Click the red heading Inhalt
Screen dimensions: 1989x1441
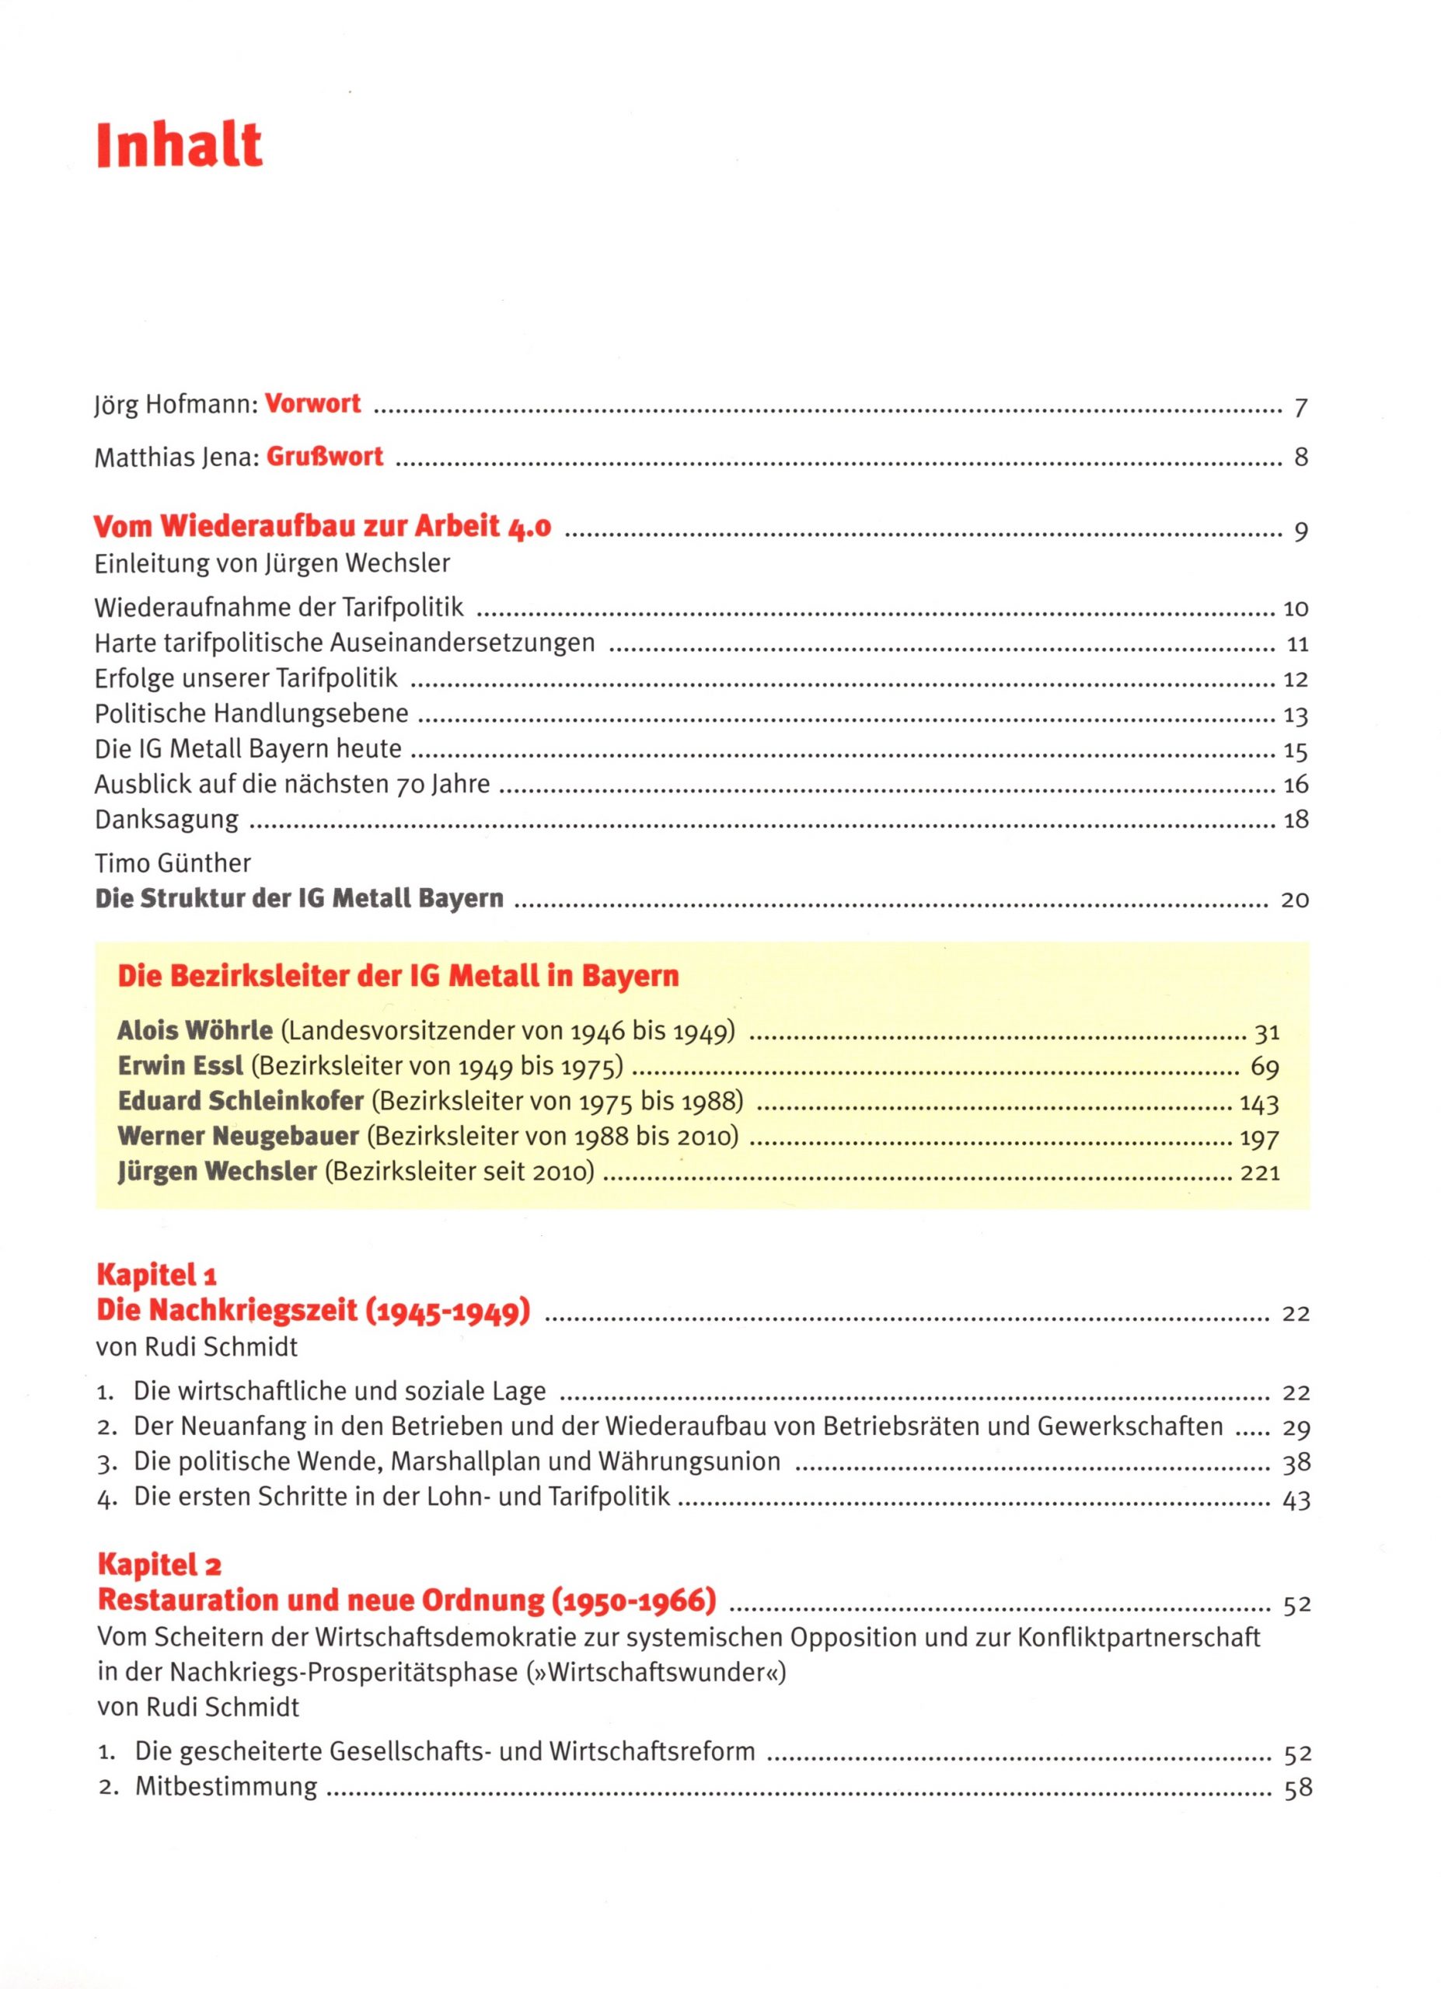coord(179,145)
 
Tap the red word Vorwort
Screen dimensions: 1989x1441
coord(313,403)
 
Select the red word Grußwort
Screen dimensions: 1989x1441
coord(325,457)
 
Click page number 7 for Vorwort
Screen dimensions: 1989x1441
coord(1300,408)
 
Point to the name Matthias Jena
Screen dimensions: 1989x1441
coord(176,458)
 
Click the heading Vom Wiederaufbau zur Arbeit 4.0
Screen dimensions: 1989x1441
coord(322,527)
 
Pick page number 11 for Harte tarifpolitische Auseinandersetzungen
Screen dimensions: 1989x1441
coord(1297,645)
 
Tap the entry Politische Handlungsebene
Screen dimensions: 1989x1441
coord(252,714)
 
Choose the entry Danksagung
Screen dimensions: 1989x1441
coord(166,820)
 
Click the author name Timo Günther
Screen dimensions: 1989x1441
coord(173,864)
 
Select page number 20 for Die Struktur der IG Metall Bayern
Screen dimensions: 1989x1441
coord(1295,900)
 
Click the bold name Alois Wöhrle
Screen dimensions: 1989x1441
coord(195,1030)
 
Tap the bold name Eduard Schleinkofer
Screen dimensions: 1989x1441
coord(240,1101)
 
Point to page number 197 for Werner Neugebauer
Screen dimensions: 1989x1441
coord(1259,1139)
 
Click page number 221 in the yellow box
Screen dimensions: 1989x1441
coord(1259,1173)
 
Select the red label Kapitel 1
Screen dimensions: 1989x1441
coord(156,1274)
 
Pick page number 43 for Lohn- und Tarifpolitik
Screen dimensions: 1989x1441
coord(1296,1500)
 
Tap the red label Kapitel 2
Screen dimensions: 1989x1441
coord(159,1565)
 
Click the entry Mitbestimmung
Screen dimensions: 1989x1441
coord(226,1787)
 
